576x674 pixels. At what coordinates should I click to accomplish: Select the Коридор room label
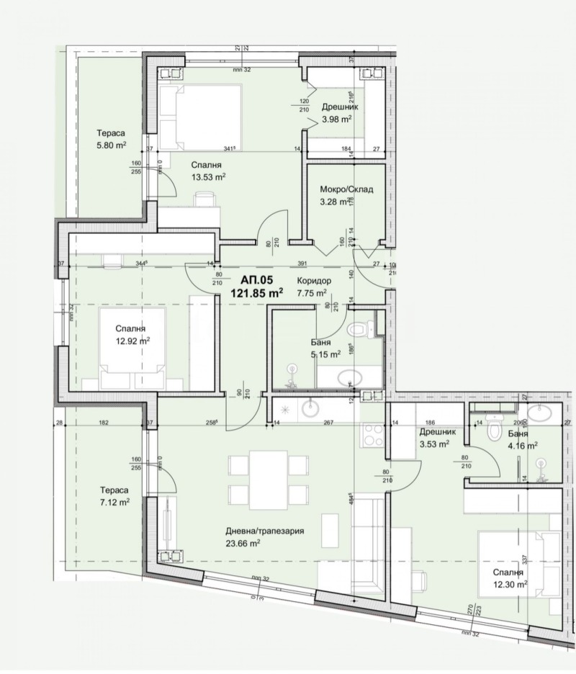click(313, 281)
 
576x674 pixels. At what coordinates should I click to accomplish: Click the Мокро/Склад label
click(346, 190)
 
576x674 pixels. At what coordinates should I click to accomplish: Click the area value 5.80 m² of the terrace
click(112, 145)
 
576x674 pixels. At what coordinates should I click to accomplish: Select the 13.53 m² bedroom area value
click(210, 176)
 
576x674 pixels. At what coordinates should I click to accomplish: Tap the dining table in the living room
click(261, 477)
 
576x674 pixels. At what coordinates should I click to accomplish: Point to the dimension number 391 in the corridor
click(303, 264)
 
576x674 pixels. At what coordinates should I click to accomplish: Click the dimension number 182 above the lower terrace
click(104, 423)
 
